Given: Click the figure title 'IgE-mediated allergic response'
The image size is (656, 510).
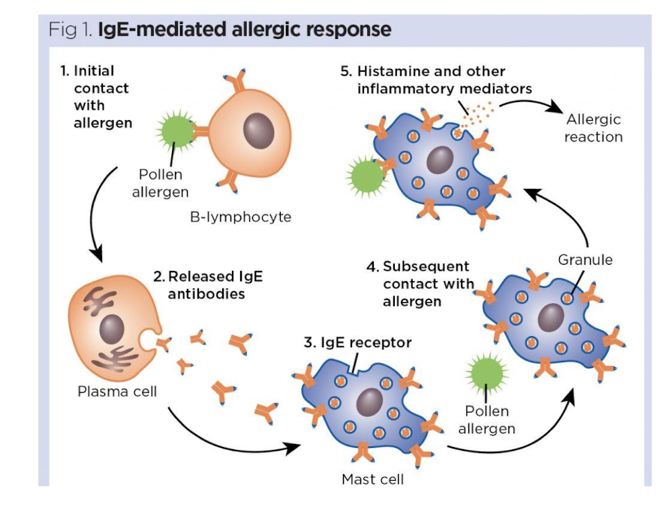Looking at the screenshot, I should click(x=245, y=30).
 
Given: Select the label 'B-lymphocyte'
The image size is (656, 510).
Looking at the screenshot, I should click(x=241, y=217).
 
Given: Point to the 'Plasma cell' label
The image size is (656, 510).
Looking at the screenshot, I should click(x=117, y=391).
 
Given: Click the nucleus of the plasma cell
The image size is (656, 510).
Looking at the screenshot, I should click(x=112, y=327).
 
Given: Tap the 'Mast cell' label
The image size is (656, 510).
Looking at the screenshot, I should click(x=373, y=478).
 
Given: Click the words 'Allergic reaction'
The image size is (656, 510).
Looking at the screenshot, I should click(x=593, y=128).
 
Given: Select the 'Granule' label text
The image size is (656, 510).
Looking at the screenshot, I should click(x=585, y=260).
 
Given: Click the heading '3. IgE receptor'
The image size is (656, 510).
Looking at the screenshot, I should click(x=358, y=343).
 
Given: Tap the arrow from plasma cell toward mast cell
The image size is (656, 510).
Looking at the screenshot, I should click(x=225, y=439).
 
